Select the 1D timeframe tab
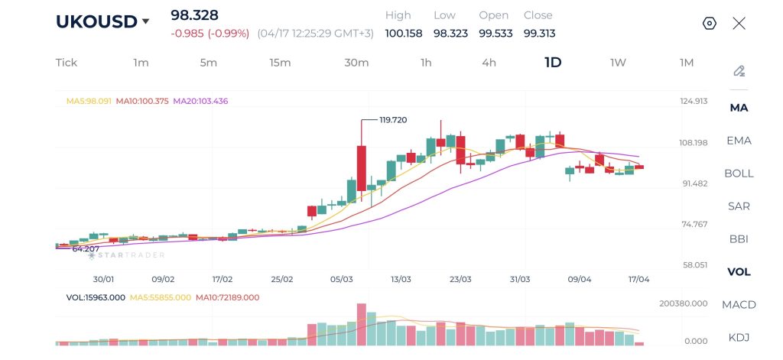553,63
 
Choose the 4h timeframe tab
489,63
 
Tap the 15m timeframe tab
280,63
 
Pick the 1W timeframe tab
618,63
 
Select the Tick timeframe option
67,63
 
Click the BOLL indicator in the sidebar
739,174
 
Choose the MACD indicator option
739,305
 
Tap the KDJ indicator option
739,337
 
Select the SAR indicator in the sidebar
739,206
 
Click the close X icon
739,23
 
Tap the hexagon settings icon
709,23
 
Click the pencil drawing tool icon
739,71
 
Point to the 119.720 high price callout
393,120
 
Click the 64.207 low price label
86,249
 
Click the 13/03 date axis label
401,280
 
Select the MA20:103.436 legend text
200,101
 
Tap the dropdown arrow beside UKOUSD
145,22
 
